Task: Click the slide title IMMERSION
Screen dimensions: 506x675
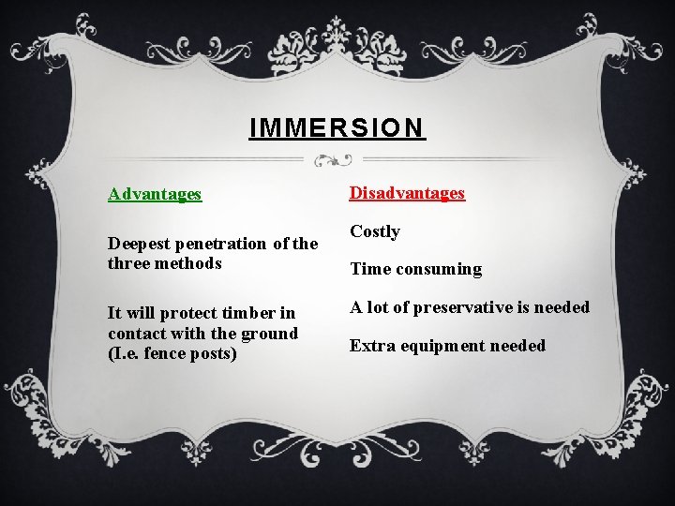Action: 337,127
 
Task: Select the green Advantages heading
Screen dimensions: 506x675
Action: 155,194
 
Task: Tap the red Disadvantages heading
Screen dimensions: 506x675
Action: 407,193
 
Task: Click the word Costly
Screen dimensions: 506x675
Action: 375,231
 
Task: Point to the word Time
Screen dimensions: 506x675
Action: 369,270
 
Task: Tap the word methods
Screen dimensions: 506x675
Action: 190,263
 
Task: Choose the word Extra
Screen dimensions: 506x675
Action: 370,346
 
